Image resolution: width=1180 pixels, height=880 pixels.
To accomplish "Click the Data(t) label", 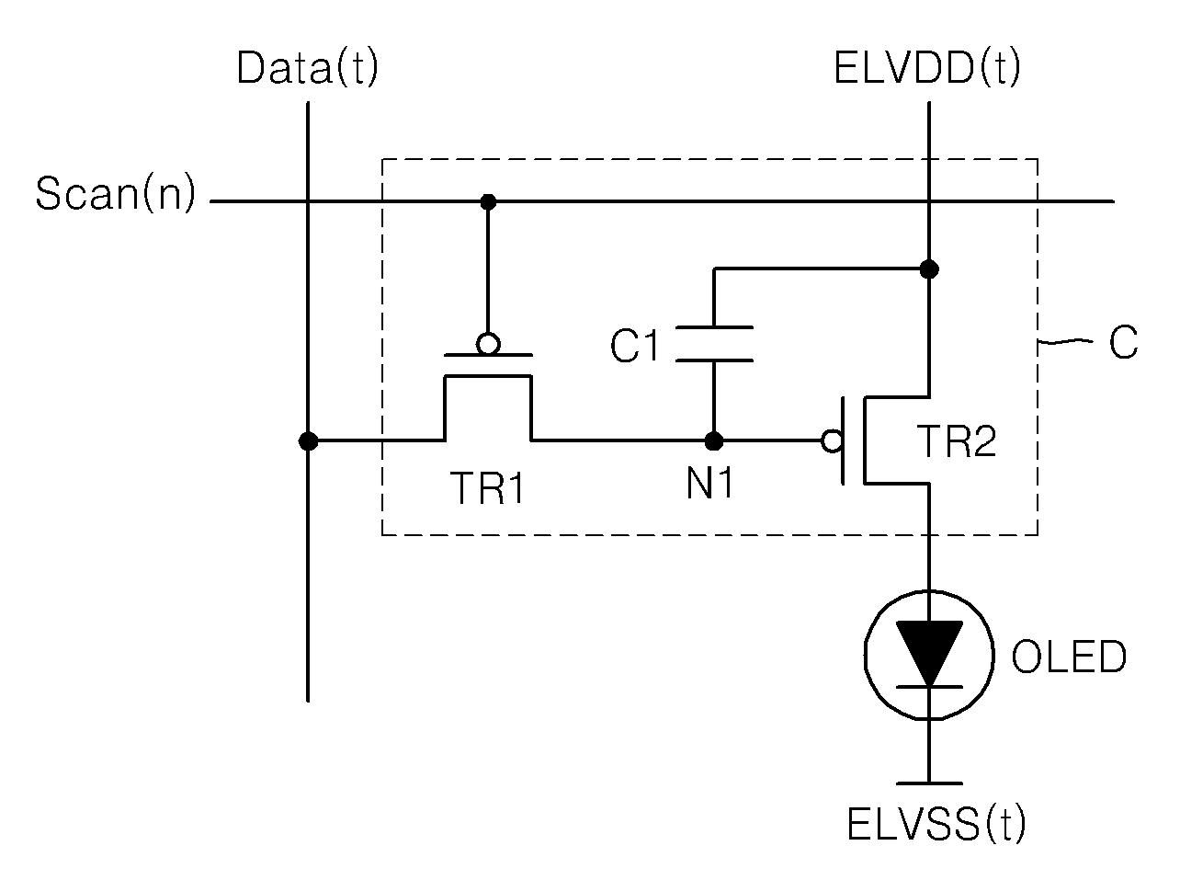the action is pyautogui.click(x=308, y=68).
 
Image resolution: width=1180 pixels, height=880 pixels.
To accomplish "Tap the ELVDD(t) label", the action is pyautogui.click(x=926, y=68).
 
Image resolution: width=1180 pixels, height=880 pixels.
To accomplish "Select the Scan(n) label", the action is pyautogui.click(x=116, y=194).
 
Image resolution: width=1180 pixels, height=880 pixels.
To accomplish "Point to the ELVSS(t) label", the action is pyautogui.click(x=936, y=824).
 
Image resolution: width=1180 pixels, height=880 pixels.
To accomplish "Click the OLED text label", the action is pyautogui.click(x=1068, y=657).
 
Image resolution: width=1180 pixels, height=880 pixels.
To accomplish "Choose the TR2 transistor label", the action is pyautogui.click(x=958, y=441).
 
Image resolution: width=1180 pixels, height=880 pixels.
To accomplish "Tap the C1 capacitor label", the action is pyautogui.click(x=634, y=345).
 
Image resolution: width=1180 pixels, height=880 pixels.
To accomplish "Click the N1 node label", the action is pyautogui.click(x=709, y=483).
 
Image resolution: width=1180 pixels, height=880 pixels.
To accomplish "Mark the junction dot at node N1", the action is pyautogui.click(x=713, y=441).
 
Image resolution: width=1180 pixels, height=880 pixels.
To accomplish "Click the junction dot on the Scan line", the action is pyautogui.click(x=488, y=201).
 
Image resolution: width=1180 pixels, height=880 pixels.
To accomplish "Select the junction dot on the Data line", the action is pyautogui.click(x=308, y=441).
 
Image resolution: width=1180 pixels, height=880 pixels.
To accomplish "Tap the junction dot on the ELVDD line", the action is pyautogui.click(x=929, y=269).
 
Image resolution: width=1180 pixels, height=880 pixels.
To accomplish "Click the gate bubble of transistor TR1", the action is pyautogui.click(x=488, y=344).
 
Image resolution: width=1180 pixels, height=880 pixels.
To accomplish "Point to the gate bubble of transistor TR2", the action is pyautogui.click(x=833, y=441).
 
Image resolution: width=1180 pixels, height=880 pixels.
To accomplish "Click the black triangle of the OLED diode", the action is pyautogui.click(x=929, y=651).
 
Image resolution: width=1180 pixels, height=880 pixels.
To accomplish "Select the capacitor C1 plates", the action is pyautogui.click(x=713, y=343).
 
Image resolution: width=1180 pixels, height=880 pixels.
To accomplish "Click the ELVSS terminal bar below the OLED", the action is pyautogui.click(x=929, y=783).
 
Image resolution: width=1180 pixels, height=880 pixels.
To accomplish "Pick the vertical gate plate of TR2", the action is pyautogui.click(x=843, y=441).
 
